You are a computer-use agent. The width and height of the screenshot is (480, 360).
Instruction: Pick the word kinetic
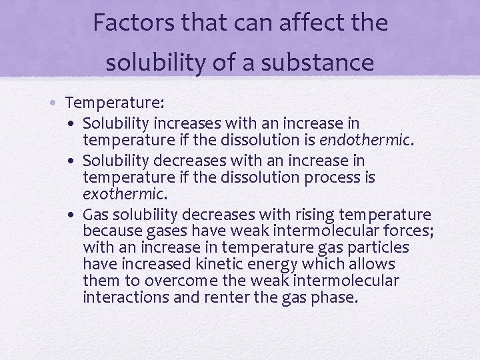coord(219,264)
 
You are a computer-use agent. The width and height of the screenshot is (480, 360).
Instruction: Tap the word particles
coord(384,248)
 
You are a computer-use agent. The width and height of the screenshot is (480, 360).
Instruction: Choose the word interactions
coord(126,297)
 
